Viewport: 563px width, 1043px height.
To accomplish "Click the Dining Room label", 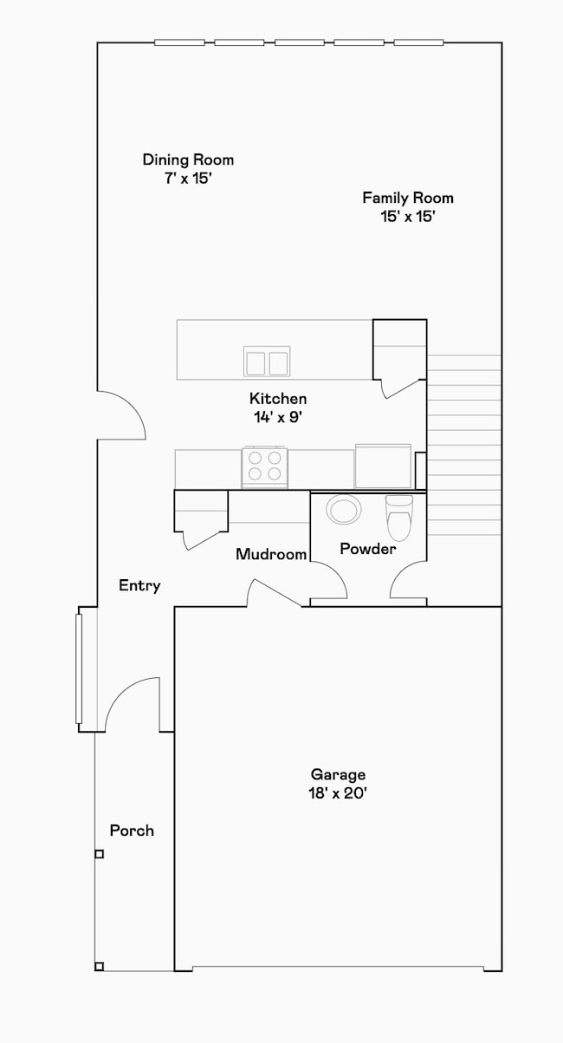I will coord(188,160).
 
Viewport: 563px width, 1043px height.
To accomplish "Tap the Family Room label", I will coord(407,198).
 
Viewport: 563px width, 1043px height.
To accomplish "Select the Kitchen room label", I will coord(278,399).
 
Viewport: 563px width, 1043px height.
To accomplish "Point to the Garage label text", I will coord(338,774).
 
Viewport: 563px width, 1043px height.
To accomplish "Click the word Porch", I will coord(132,831).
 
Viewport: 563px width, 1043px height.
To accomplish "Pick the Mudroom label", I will coord(271,554).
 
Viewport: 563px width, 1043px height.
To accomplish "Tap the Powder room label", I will coord(367,549).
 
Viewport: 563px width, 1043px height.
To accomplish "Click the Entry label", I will coord(139,586).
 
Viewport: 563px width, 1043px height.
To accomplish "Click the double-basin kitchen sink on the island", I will coord(267,361).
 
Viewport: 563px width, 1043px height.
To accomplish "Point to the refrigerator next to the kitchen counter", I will coord(382,466).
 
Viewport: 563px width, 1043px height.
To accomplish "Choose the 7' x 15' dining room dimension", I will coord(188,179).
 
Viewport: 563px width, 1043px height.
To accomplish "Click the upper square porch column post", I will coord(99,854).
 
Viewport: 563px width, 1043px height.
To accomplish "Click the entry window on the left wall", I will coord(79,668).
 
